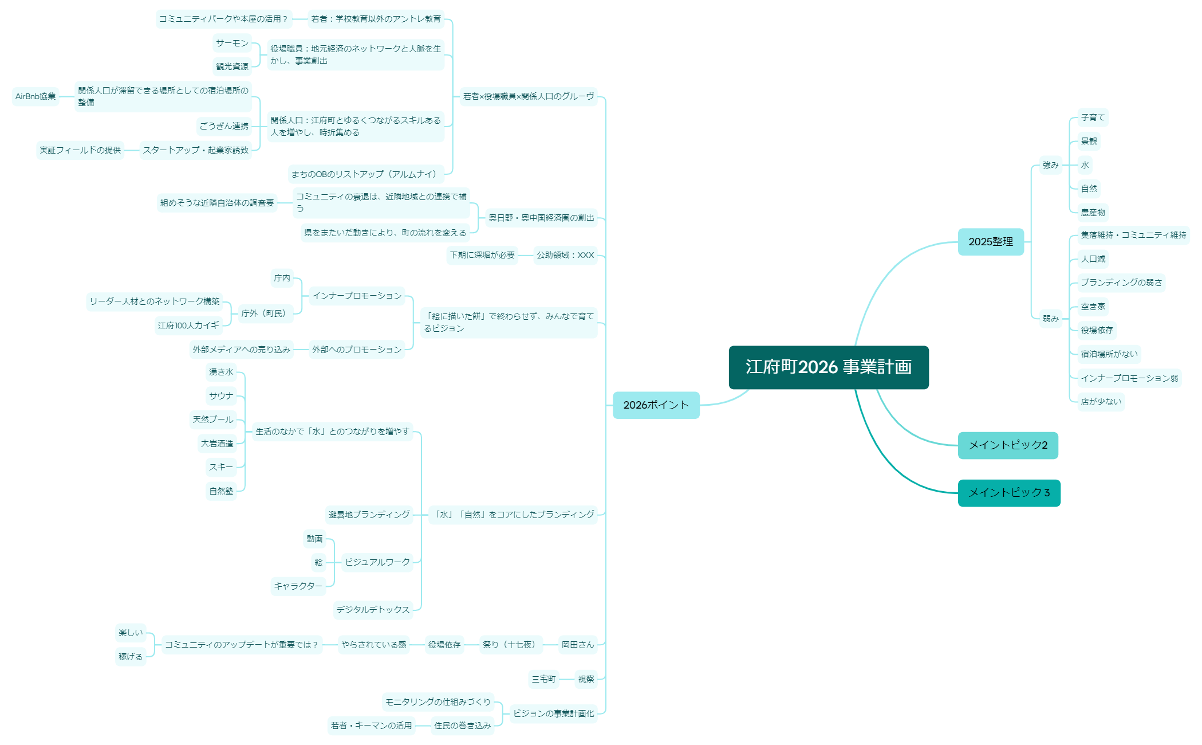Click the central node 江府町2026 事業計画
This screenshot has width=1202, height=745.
pos(828,367)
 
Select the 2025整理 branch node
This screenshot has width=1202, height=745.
pos(991,242)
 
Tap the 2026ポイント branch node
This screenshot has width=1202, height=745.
pos(656,405)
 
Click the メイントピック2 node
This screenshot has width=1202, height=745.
pos(1008,445)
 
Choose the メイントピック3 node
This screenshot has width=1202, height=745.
pos(1009,493)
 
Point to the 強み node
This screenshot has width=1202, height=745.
pos(1050,165)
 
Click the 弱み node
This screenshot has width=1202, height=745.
pos(1050,319)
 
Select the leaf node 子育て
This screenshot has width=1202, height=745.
pos(1093,117)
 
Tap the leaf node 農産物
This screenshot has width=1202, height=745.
pos(1093,213)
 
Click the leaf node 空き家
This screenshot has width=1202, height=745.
pos(1093,307)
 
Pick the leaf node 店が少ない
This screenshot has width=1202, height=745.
pos(1101,402)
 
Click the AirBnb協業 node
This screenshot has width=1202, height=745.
pos(36,96)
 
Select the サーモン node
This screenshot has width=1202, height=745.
pos(232,43)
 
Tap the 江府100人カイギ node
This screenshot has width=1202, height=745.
pos(188,326)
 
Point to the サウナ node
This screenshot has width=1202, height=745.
pos(221,396)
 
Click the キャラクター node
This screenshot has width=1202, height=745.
pos(298,586)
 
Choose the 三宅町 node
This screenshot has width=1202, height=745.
pos(543,679)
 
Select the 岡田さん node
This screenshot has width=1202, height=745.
pos(578,645)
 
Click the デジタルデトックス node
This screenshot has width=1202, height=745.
pos(373,610)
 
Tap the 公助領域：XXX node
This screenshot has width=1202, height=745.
pos(565,255)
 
